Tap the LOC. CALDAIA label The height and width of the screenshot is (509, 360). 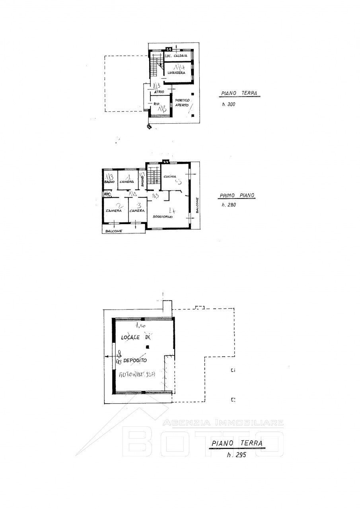tap(177, 56)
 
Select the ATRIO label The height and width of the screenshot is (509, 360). tap(154, 92)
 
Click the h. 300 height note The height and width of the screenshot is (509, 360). tap(230, 105)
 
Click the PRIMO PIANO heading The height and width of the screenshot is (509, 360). tap(237, 196)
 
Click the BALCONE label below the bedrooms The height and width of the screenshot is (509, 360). tap(114, 231)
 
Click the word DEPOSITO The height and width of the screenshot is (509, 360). tap(135, 360)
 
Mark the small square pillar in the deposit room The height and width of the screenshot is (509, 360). tap(147, 347)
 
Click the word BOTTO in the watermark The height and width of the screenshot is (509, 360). tap(203, 441)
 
